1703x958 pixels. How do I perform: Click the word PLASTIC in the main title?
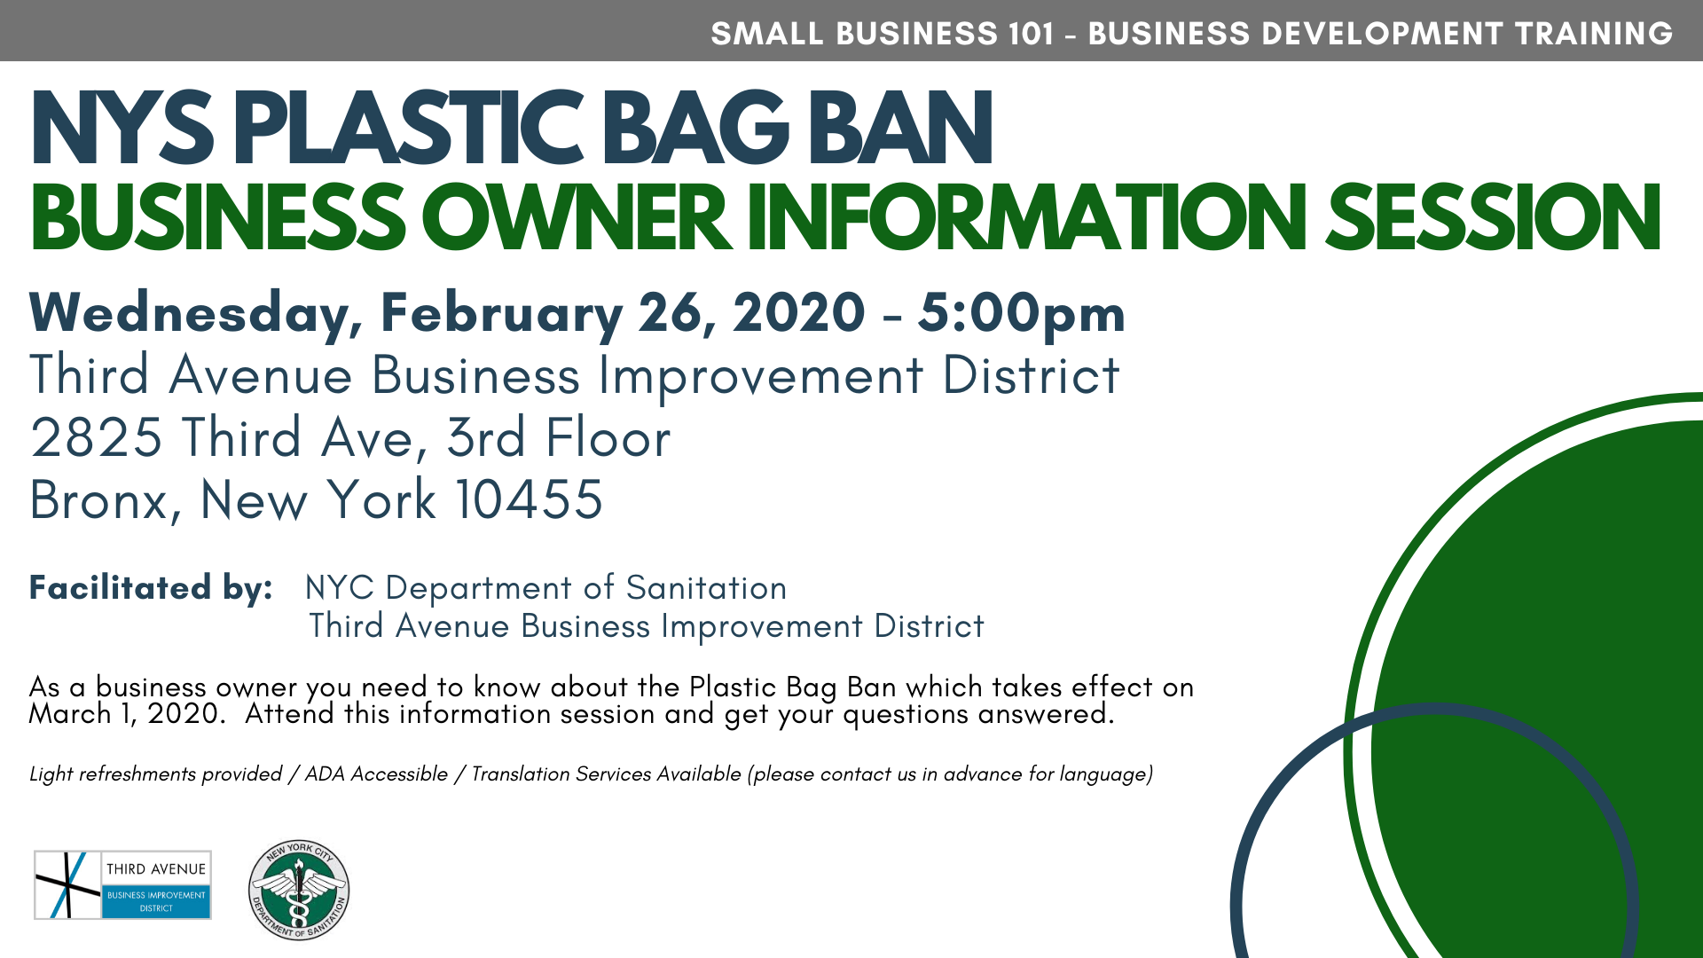point(409,128)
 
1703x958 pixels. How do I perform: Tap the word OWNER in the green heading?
point(575,217)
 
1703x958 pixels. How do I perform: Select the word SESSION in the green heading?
point(1493,217)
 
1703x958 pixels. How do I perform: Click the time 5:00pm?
point(1021,314)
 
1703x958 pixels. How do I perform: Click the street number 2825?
point(97,438)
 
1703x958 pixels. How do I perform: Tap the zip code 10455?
point(530,499)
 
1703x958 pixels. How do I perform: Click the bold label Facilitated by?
point(151,588)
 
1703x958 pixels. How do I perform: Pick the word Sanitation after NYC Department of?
point(706,588)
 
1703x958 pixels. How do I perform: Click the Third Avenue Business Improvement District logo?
point(122,885)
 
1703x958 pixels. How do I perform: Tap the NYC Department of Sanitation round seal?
point(299,890)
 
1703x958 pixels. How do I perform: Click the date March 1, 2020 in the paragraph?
point(124,714)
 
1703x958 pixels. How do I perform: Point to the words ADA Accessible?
point(376,774)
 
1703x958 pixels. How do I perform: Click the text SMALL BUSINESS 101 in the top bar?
point(883,34)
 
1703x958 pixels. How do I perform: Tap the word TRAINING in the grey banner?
point(1594,34)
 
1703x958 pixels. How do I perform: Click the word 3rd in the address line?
point(486,438)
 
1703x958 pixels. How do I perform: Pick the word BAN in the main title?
point(899,128)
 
